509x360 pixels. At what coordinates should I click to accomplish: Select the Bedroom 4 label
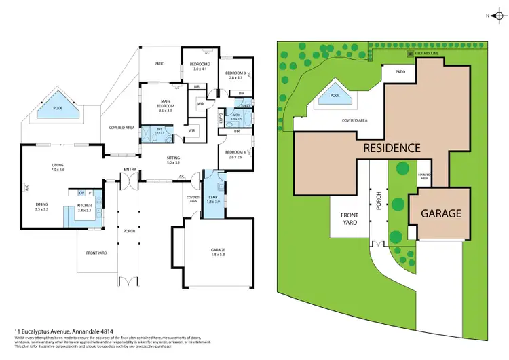coord(235,152)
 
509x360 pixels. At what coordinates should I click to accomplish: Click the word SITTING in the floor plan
coord(174,158)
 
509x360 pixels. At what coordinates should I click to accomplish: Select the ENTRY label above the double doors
coord(129,169)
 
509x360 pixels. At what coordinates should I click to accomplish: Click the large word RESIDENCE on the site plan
coord(392,147)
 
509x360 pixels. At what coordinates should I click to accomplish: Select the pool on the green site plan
coord(335,95)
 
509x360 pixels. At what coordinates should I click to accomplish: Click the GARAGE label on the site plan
coord(441,213)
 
